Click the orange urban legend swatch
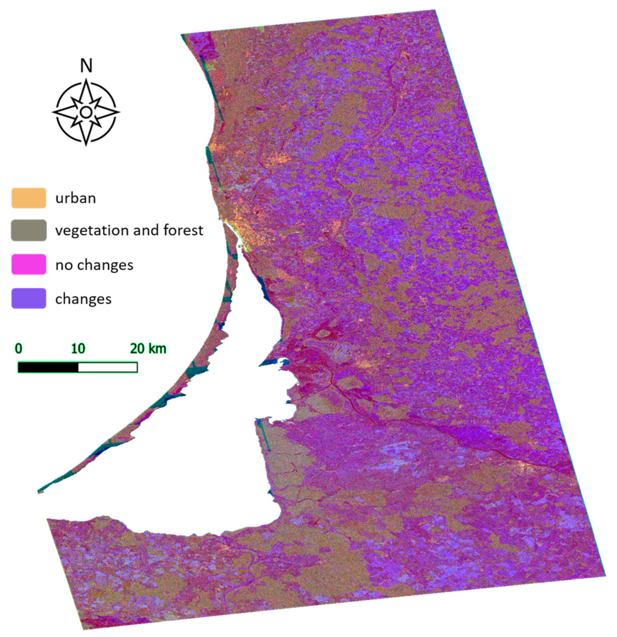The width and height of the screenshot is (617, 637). pyautogui.click(x=29, y=198)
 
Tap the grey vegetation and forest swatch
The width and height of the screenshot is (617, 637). pyautogui.click(x=29, y=230)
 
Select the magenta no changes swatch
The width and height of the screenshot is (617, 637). pyautogui.click(x=29, y=264)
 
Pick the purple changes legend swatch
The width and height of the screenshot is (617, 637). pyautogui.click(x=29, y=298)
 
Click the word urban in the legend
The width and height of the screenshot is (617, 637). pyautogui.click(x=76, y=198)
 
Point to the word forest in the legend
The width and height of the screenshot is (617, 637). pyautogui.click(x=183, y=230)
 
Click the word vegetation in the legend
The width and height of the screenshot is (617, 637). pyautogui.click(x=92, y=231)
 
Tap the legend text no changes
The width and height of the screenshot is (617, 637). pyautogui.click(x=94, y=265)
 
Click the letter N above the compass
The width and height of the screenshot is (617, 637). pyautogui.click(x=86, y=66)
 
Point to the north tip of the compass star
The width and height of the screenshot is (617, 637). pyautogui.click(x=86, y=79)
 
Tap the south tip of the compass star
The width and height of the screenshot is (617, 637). pyautogui.click(x=86, y=145)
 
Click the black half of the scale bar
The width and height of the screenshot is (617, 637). pyautogui.click(x=48, y=367)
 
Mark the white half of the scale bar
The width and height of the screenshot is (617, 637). pyautogui.click(x=108, y=367)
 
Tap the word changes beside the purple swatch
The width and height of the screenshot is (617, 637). pyautogui.click(x=83, y=299)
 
